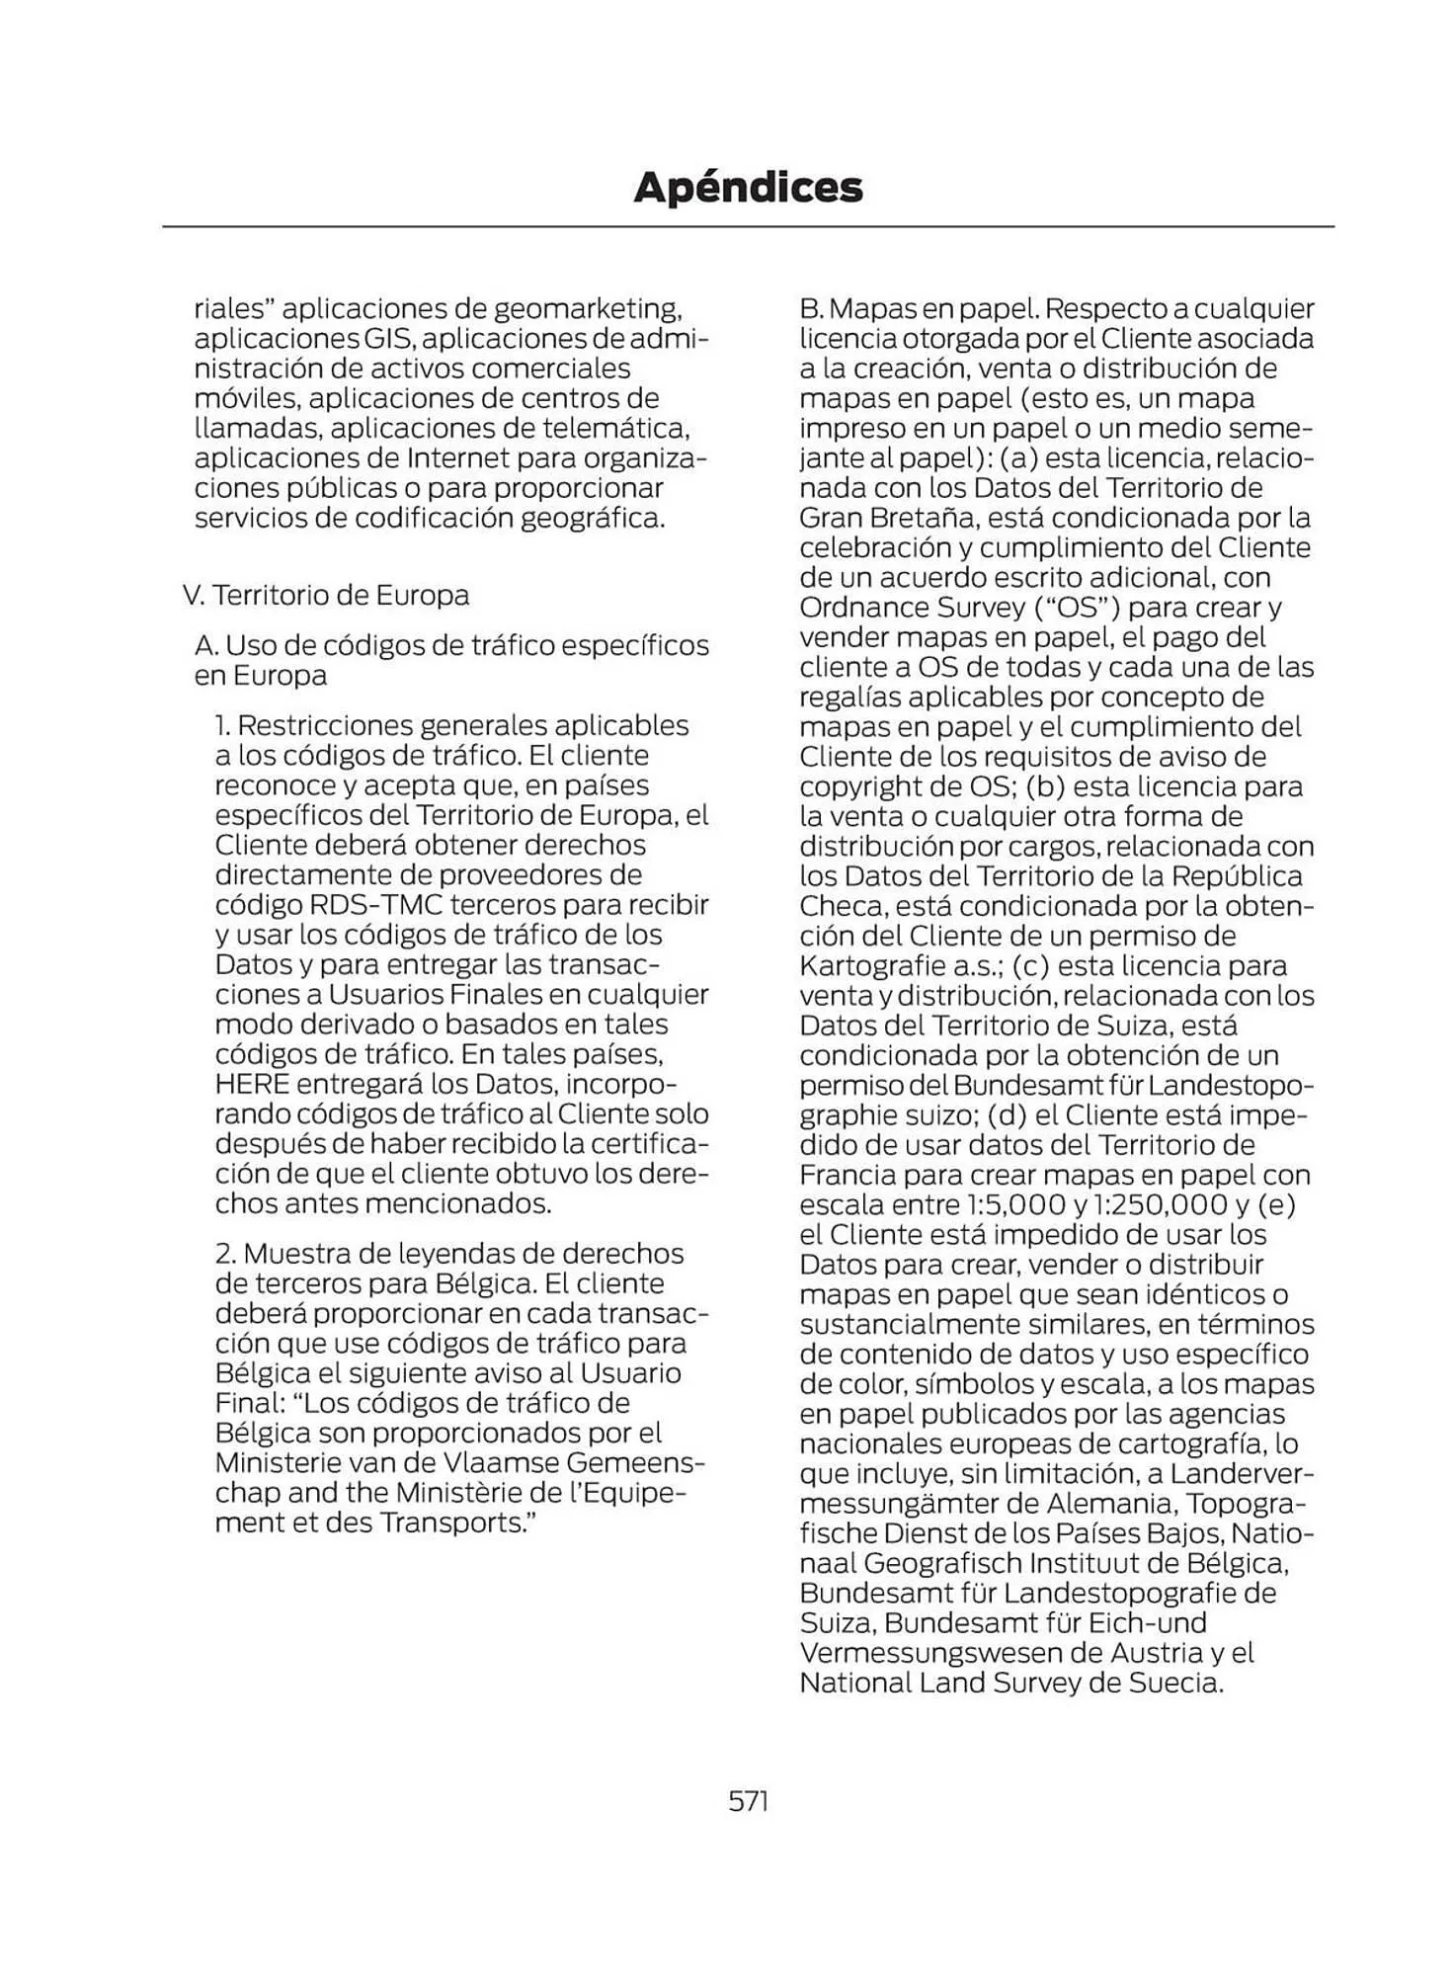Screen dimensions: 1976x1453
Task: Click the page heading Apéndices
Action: [x=748, y=187]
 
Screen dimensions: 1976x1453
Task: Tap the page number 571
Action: [x=748, y=1801]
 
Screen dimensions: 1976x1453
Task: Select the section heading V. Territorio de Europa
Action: [x=326, y=595]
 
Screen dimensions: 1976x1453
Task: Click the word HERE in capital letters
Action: [x=252, y=1084]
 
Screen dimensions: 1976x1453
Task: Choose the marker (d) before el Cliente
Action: [x=1008, y=1114]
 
